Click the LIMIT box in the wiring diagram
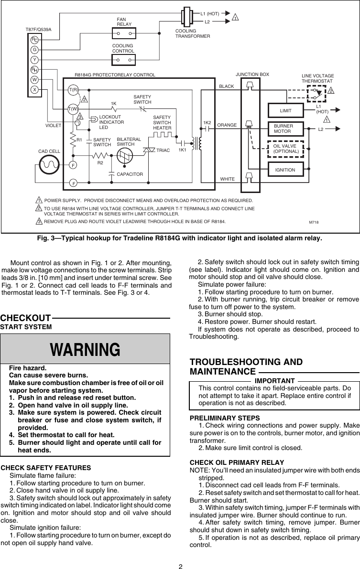[285, 110]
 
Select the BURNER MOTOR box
[285, 129]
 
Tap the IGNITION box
[285, 170]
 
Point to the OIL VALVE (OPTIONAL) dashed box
[285, 149]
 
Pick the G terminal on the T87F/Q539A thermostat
[35, 50]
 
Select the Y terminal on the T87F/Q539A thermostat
[35, 60]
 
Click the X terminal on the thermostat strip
[35, 89]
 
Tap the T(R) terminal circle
[73, 90]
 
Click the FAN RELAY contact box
[124, 33]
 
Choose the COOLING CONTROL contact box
[124, 60]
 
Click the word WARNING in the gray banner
[86, 349]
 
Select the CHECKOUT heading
[25, 318]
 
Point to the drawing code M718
[314, 223]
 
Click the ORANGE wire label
[227, 125]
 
